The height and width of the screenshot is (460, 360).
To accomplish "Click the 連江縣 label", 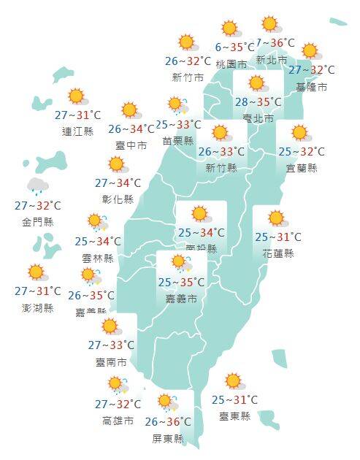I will (78, 131).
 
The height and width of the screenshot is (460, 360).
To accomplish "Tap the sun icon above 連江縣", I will (76, 96).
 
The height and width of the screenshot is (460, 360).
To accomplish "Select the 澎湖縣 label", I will (38, 307).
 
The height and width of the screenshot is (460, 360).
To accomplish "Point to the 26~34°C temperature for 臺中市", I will (131, 130).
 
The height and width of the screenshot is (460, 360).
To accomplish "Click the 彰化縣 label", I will (118, 199).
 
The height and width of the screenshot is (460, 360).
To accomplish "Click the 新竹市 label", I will (187, 77).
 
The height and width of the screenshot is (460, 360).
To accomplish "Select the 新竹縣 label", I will (222, 169).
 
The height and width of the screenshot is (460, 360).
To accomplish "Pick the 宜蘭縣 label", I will (302, 168).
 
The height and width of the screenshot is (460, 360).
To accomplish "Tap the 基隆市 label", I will (312, 87).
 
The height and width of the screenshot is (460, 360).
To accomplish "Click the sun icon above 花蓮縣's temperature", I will (276, 218).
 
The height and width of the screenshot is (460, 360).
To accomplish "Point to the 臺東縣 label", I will (234, 416).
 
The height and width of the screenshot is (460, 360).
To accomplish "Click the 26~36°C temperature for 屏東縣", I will (168, 421).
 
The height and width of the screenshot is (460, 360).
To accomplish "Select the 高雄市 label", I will (118, 421).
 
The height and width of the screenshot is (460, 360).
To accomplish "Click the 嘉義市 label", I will (182, 299).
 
